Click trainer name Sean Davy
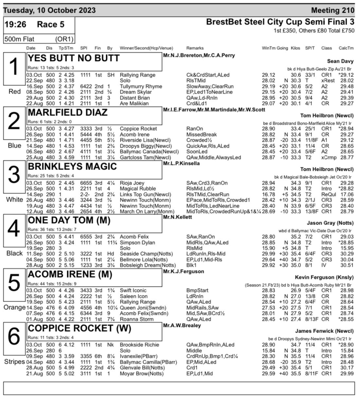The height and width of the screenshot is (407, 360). (340, 62)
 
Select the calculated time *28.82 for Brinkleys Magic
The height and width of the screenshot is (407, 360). (345, 188)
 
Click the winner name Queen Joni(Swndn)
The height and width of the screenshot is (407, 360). (142, 307)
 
